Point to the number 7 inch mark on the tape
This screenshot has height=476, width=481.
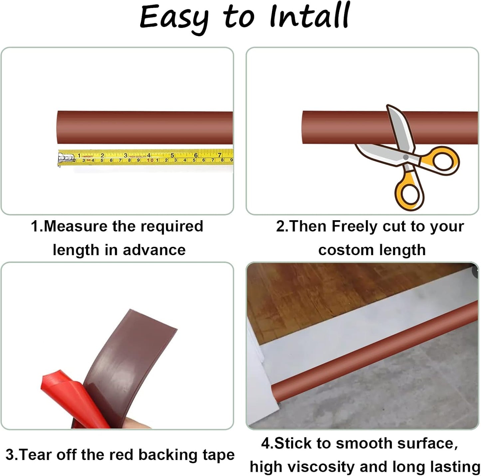coord(219,155)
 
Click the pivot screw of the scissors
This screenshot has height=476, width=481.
coord(405,157)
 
